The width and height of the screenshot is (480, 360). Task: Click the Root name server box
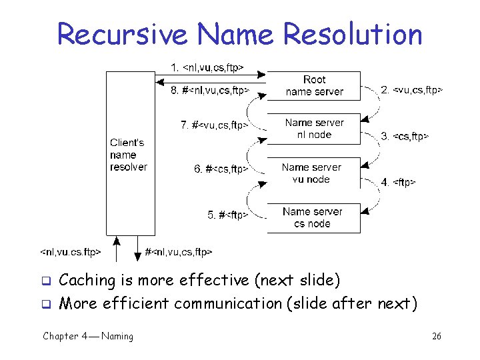pos(313,86)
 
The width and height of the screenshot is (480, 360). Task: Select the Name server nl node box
pos(313,129)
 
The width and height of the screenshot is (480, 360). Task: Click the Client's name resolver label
pos(128,155)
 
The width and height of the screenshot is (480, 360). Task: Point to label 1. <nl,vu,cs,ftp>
pos(207,67)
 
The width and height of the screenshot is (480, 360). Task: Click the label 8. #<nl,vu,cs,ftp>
pos(210,90)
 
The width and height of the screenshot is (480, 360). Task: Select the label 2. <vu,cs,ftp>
pos(411,89)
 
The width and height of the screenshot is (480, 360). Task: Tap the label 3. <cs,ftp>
pos(404,137)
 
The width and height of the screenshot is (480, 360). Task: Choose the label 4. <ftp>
pos(398,182)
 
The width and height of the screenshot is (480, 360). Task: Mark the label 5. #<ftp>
pos(228,215)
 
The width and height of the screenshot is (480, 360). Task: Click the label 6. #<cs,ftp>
pos(221,169)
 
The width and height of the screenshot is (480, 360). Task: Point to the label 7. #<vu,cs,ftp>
pos(215,125)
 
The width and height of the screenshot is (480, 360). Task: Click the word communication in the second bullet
pos(228,304)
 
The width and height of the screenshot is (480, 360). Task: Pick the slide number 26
pos(437,337)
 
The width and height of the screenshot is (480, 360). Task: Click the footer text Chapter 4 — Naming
pos(87,337)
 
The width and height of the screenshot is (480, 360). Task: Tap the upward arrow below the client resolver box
pos(116,249)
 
